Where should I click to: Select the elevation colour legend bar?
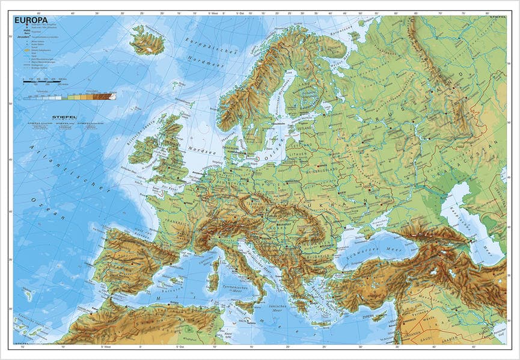click(69, 96)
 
